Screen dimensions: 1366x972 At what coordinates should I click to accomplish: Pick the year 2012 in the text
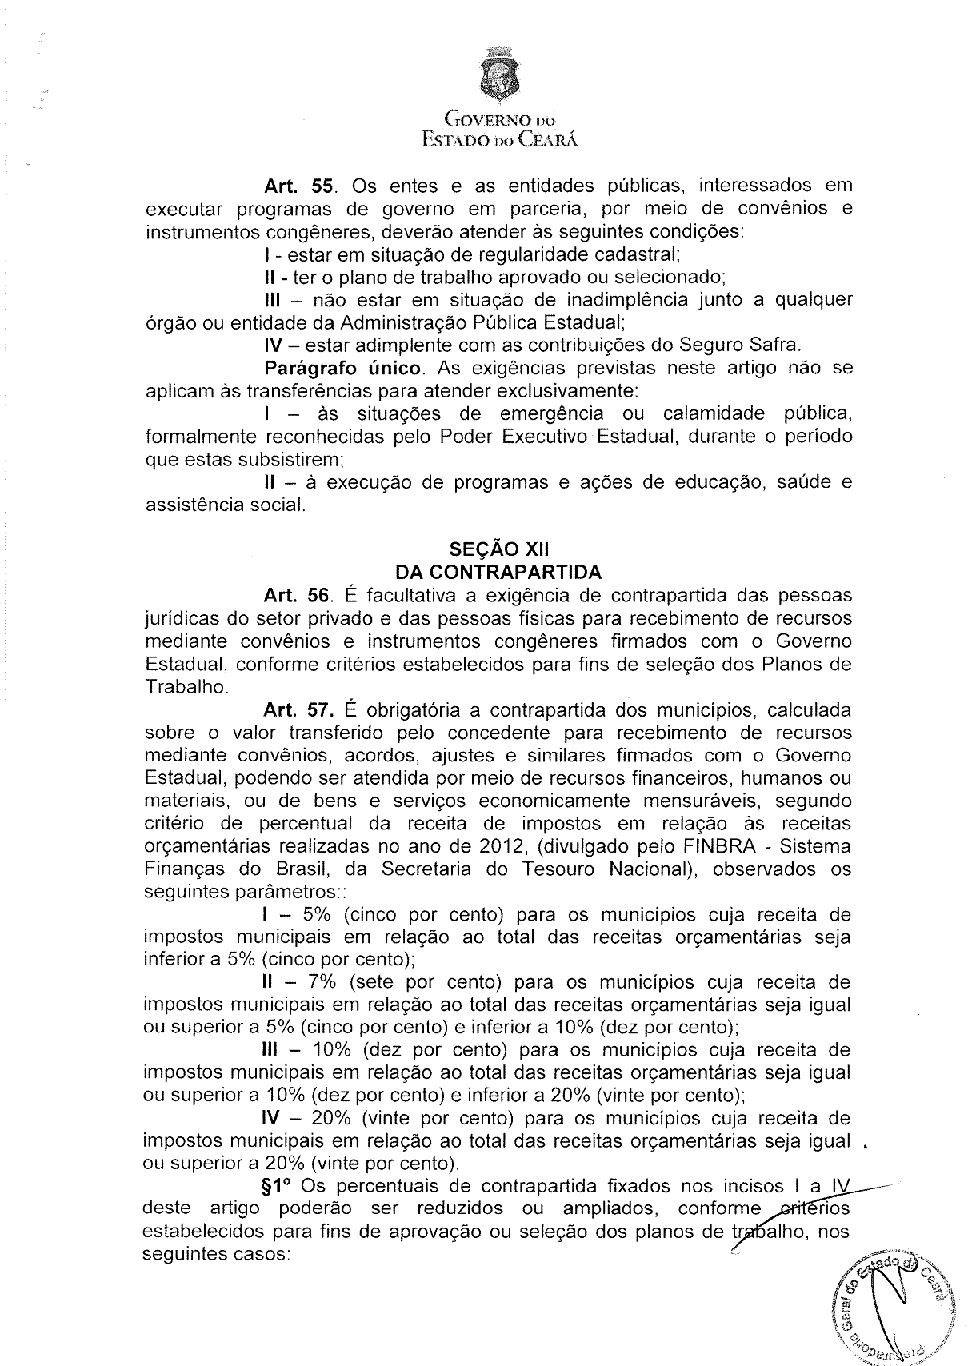click(x=479, y=846)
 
